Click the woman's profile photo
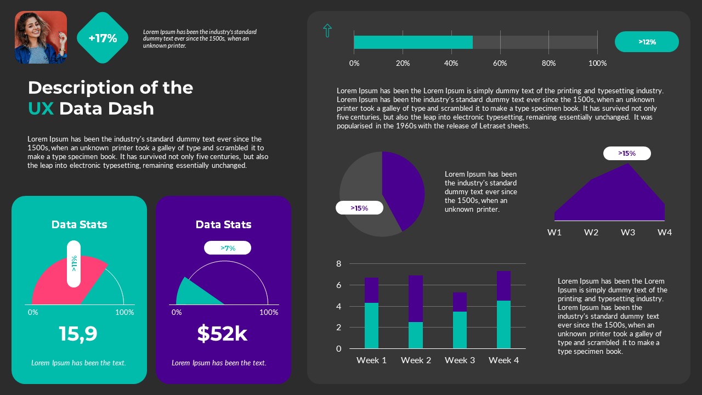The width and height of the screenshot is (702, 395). pos(41,37)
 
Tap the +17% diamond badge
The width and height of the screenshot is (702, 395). pos(103,38)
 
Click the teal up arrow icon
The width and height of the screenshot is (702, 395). pos(327,31)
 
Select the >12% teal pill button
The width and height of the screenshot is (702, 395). pos(647,42)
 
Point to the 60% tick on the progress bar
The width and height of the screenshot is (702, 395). pos(500,63)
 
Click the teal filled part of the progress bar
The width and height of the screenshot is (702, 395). pos(413,42)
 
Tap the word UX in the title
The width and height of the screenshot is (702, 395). pos(41,109)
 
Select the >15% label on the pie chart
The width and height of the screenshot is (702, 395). pos(359,208)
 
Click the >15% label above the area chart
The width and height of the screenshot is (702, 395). pos(627,154)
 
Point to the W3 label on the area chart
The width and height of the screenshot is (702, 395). pos(627,232)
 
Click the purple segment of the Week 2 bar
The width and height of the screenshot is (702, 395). pos(416,298)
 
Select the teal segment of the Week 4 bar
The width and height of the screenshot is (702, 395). pos(503,325)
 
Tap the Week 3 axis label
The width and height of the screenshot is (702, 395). pos(460,360)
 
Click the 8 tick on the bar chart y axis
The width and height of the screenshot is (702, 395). pos(338,264)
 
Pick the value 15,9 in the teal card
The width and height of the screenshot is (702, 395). pos(78,334)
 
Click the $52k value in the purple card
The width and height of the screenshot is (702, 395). pos(222,334)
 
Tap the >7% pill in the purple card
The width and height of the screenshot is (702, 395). pos(228,248)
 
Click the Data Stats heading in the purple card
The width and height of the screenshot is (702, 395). pos(223,224)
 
